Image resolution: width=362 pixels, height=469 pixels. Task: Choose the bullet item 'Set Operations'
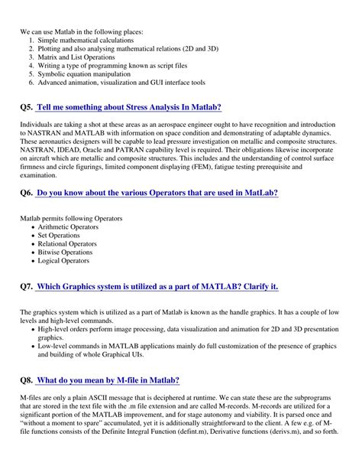[65, 236]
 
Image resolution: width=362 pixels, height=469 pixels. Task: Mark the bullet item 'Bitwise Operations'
[70, 252]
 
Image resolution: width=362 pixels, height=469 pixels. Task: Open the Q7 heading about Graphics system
[157, 286]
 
